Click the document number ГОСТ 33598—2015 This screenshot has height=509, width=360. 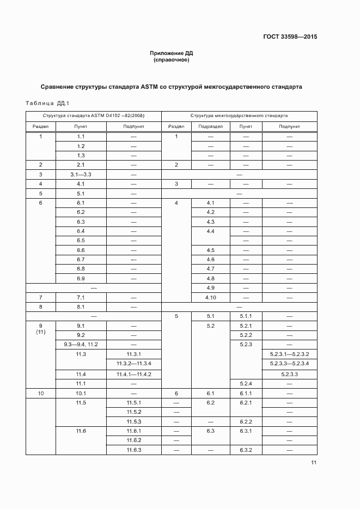(x=290, y=37)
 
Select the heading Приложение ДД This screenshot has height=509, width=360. (x=172, y=53)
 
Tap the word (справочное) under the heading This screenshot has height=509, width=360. (x=172, y=60)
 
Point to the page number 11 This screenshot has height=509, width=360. (x=314, y=463)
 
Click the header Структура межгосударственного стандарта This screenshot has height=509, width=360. (x=239, y=116)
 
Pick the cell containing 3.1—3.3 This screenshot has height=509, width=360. (x=81, y=174)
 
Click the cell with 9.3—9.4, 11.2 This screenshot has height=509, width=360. (x=81, y=345)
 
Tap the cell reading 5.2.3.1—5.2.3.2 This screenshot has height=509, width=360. (x=289, y=354)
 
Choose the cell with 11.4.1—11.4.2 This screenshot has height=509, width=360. (x=133, y=374)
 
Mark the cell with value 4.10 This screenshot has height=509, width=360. (x=211, y=297)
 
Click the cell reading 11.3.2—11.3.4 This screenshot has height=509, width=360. (x=133, y=363)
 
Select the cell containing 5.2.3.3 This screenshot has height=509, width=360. (x=289, y=375)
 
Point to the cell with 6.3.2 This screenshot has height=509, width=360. (x=246, y=450)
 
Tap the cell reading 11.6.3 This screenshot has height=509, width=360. (x=133, y=450)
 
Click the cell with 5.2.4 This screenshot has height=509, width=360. (x=246, y=384)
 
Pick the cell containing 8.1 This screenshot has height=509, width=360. (x=81, y=306)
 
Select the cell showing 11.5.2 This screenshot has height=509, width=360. (x=133, y=412)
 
